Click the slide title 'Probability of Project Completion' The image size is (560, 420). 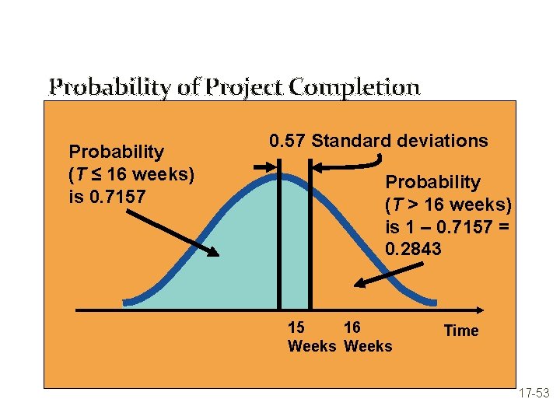(234, 86)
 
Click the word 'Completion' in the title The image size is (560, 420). (365, 86)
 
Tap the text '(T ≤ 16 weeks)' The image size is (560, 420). (131, 173)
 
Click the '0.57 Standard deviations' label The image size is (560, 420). (378, 141)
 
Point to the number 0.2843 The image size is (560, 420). (413, 250)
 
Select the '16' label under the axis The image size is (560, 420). (352, 327)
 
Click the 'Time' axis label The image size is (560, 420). (460, 331)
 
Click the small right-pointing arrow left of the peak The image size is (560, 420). (265, 166)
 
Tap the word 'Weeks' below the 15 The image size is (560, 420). (312, 346)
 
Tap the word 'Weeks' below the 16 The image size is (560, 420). (368, 346)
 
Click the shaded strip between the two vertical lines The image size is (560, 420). (295, 249)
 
